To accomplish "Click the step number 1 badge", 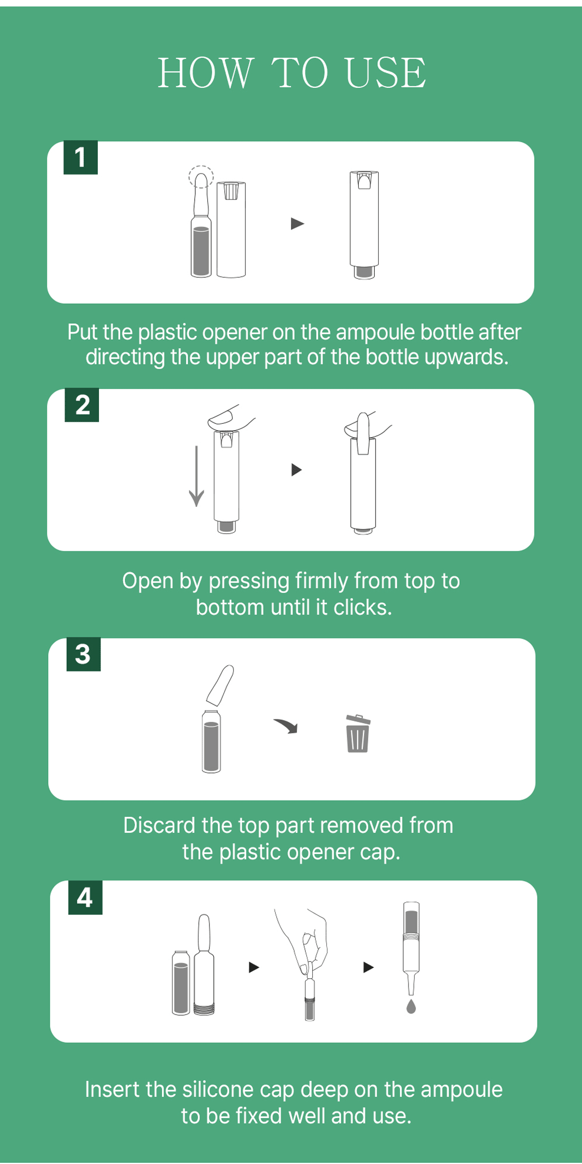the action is [x=80, y=157].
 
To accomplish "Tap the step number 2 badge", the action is [x=81, y=405].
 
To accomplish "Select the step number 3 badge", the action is [x=84, y=654].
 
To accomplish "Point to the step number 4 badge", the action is [x=85, y=897].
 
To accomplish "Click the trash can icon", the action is [x=358, y=733].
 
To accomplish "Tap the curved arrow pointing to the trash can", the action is [x=286, y=725].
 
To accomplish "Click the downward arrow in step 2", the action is [x=196, y=476].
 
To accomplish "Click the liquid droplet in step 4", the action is [x=411, y=1006].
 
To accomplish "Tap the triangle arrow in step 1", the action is [x=297, y=224].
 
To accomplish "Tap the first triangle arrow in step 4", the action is [x=254, y=967].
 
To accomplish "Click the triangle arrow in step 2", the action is [x=297, y=469].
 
